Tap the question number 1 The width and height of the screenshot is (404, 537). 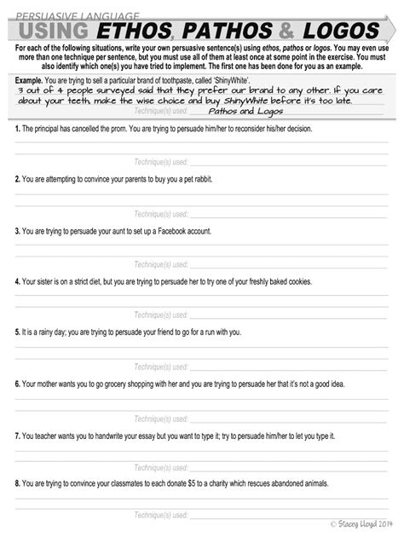coord(17,128)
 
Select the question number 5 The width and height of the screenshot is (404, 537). coord(17,332)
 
